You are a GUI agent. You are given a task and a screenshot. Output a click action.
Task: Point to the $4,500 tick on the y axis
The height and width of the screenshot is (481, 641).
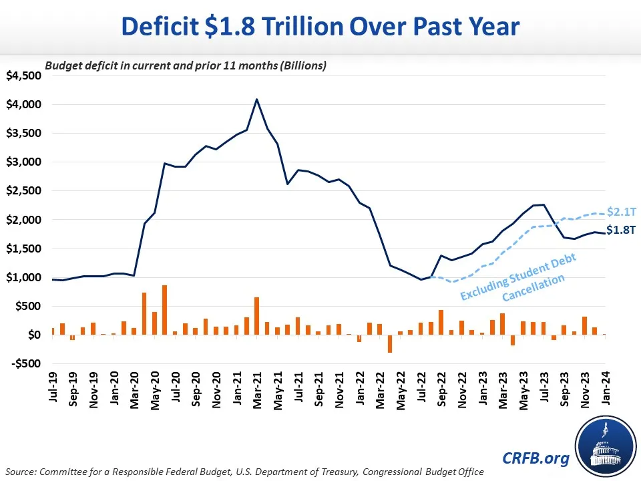click(x=24, y=75)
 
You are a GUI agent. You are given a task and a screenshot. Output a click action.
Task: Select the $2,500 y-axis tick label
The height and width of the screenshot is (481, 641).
click(x=24, y=191)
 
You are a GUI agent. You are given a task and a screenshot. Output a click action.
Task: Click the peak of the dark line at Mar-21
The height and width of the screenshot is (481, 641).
click(x=257, y=99)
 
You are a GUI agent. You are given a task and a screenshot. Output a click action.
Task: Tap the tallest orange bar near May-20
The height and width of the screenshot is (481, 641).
click(x=164, y=310)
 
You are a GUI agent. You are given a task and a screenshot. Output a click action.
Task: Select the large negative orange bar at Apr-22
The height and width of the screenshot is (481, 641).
click(x=390, y=343)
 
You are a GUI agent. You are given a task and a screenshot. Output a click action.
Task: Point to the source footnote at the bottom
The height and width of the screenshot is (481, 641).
click(x=243, y=472)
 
